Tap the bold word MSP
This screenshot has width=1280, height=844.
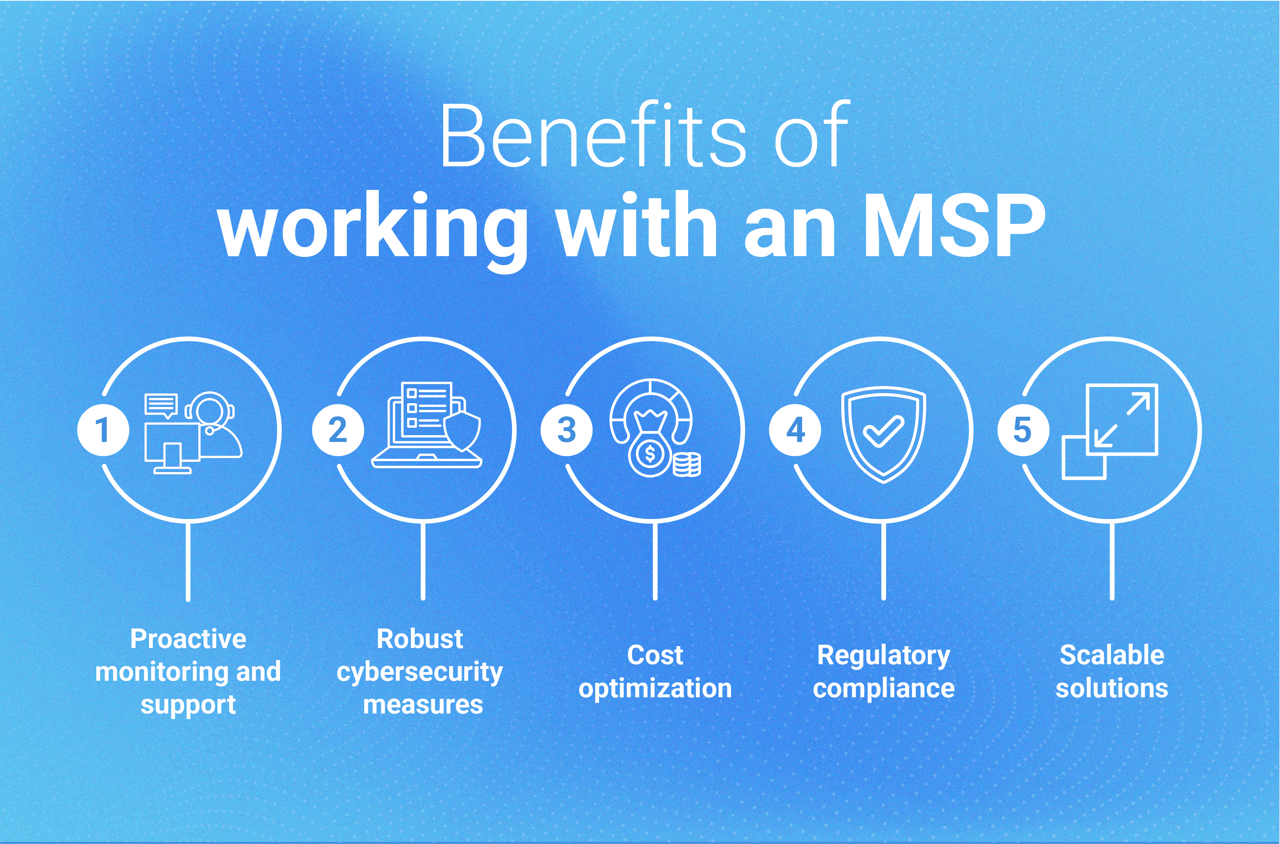pyautogui.click(x=953, y=226)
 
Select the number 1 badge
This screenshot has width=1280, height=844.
pyautogui.click(x=102, y=430)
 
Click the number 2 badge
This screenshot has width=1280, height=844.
pyautogui.click(x=337, y=430)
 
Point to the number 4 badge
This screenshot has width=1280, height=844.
pyautogui.click(x=795, y=430)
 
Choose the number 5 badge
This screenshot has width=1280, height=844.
pyautogui.click(x=1023, y=430)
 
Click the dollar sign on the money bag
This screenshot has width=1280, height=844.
pyautogui.click(x=650, y=454)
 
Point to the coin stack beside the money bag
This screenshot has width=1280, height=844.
pyautogui.click(x=687, y=464)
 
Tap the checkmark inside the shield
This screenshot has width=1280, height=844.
pyautogui.click(x=883, y=431)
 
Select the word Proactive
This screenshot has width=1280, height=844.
pyautogui.click(x=188, y=639)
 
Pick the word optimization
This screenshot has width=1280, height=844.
pyautogui.click(x=655, y=689)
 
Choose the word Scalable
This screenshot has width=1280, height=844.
pyautogui.click(x=1112, y=655)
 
